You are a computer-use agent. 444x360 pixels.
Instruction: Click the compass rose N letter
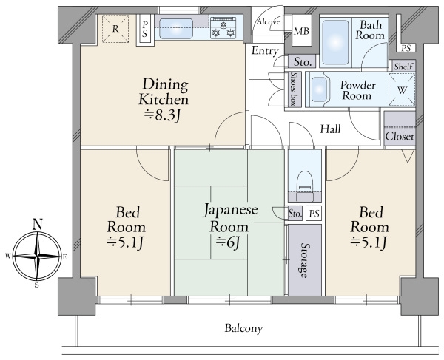38,224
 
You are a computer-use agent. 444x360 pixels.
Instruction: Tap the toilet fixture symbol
305,186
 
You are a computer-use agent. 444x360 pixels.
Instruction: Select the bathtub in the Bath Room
335,42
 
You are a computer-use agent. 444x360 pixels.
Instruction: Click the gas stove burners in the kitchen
223,27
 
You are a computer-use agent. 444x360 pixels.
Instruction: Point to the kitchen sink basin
176,29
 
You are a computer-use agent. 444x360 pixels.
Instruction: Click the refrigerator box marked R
115,29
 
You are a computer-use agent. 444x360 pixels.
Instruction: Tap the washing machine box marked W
402,89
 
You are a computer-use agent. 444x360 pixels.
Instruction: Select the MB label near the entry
301,31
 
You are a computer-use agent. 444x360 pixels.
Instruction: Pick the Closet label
400,137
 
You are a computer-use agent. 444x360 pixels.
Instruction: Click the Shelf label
403,67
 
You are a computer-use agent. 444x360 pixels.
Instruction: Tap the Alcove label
269,21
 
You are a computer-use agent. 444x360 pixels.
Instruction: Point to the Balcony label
243,329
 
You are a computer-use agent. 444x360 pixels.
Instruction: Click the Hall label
330,129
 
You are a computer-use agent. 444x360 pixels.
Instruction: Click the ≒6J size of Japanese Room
228,242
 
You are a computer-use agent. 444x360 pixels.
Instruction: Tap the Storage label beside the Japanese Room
304,260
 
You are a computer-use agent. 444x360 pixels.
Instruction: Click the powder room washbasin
319,89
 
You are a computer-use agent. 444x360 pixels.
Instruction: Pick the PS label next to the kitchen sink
145,30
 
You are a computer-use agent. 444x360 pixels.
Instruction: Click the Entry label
265,51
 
